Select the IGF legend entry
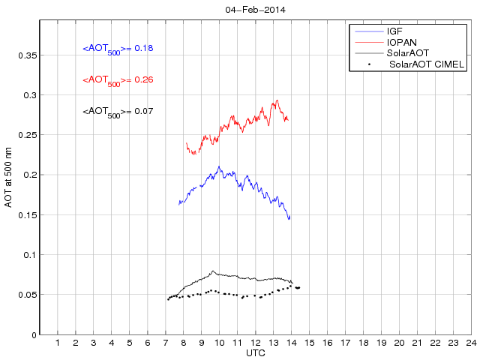pos(394,31)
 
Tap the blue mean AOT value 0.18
pos(118,49)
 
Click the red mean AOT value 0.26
pos(118,79)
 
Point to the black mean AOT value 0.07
pos(118,112)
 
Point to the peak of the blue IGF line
pos(219,166)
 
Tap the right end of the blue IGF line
pos(289,219)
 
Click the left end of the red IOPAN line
pos(185,142)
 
